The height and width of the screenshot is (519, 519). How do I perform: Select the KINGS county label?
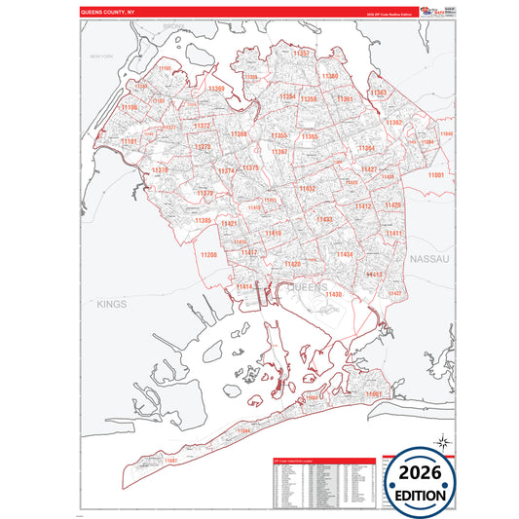[x=112, y=305]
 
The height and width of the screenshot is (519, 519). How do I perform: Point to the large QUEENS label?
[x=311, y=287]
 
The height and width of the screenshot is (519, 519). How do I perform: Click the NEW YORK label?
[x=102, y=57]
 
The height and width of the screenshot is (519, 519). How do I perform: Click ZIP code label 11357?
[x=301, y=53]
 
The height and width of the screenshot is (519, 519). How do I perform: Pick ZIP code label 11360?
[x=331, y=76]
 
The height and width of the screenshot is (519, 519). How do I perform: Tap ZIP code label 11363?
[x=379, y=93]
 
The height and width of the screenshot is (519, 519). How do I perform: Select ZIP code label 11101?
[x=130, y=141]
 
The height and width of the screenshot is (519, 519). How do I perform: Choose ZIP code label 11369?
[x=215, y=90]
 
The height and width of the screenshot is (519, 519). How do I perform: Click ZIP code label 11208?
[x=208, y=254]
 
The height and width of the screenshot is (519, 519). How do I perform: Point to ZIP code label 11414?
[x=243, y=286]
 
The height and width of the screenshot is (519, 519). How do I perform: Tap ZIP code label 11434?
[x=344, y=254]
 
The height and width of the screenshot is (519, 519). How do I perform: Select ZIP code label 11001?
[x=435, y=174]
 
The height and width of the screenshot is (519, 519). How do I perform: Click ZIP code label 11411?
[x=393, y=234]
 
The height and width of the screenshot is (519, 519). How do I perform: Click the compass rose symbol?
[x=442, y=442]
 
